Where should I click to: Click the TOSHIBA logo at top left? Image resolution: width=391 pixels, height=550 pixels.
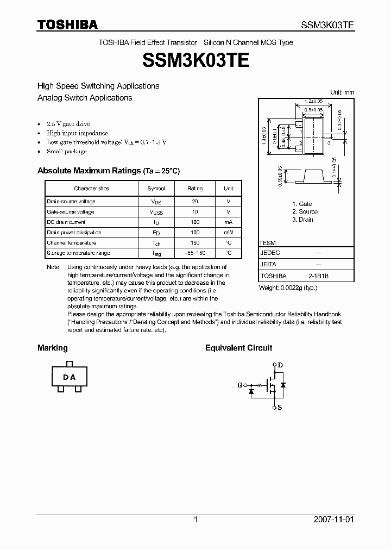coord(67,24)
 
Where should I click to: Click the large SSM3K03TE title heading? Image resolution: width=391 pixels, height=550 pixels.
coord(195,60)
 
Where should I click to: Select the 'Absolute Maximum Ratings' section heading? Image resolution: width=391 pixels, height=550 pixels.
coord(108,171)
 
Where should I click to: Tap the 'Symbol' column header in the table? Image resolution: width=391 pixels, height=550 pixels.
coord(156,189)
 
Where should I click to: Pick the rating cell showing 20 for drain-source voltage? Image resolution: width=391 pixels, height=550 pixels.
coord(195,202)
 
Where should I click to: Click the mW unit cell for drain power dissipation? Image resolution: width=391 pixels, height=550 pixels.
coord(228,233)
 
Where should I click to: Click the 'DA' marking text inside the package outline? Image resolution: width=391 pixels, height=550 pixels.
coord(69,377)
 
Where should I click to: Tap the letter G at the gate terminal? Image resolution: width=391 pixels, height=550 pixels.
coord(239,385)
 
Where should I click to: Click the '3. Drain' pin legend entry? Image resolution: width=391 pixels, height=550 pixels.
coord(302,220)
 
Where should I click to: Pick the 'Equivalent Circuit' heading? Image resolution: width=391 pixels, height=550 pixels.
coord(238,348)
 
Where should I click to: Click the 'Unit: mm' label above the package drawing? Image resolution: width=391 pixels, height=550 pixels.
coord(342,92)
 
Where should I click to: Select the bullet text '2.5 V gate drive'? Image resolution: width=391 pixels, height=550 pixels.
coord(68,124)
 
